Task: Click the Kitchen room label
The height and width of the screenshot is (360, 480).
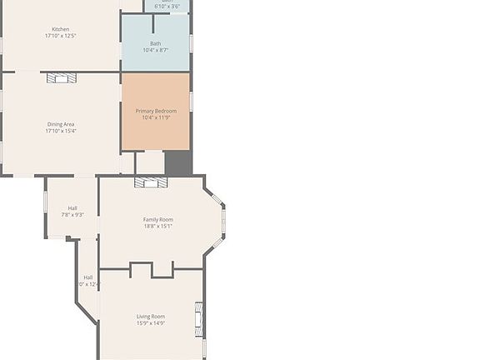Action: [61, 29]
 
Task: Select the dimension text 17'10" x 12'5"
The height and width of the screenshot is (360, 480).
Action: [61, 36]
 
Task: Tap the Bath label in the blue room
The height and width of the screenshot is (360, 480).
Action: [156, 43]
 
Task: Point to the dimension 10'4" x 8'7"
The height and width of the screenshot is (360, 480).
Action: [156, 50]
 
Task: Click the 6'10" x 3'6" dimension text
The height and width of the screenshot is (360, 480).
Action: [167, 5]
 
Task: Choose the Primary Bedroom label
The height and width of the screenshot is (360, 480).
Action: [156, 111]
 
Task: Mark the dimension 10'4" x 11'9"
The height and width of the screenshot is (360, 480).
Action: [156, 117]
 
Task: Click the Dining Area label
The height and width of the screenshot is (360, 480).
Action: [61, 124]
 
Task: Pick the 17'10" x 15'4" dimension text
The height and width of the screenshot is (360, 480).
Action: [61, 131]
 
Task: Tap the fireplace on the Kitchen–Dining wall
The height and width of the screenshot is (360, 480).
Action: [61, 77]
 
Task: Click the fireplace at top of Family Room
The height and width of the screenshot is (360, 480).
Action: [151, 182]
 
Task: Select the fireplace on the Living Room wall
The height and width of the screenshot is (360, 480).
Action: [198, 318]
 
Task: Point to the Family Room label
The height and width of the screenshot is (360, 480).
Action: [158, 219]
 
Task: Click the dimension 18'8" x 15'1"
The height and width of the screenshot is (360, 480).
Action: [158, 226]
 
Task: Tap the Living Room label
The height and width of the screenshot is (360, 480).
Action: [151, 316]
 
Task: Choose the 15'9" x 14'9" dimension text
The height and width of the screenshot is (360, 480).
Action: [151, 322]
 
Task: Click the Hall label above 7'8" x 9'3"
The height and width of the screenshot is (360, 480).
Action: [72, 207]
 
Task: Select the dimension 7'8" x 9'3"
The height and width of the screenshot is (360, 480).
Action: [72, 214]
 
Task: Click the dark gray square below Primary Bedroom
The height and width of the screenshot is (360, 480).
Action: [178, 162]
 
